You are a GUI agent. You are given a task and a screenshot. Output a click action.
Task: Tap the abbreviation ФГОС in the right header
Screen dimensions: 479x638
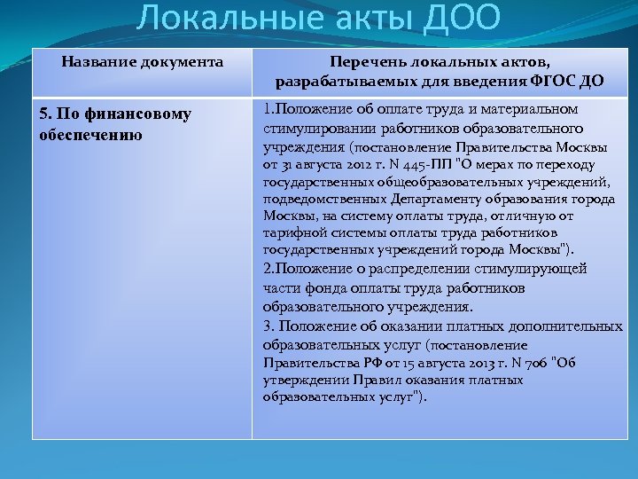pyautogui.click(x=556, y=82)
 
